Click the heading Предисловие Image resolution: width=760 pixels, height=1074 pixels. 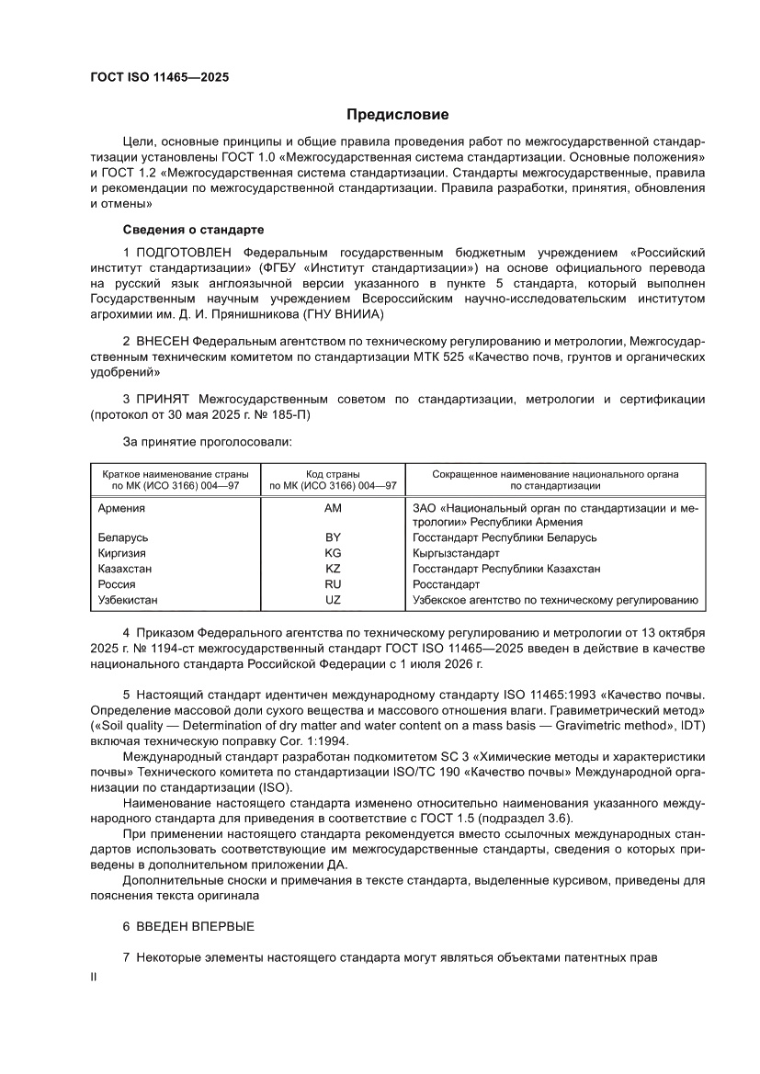397,115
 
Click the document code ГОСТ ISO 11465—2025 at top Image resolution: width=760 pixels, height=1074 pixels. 159,78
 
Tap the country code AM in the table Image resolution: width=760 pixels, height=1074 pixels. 333,507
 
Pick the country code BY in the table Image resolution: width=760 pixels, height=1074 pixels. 333,537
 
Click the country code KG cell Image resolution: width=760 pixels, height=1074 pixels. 333,553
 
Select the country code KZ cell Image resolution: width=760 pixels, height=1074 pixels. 333,569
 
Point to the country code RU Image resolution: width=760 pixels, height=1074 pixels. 333,584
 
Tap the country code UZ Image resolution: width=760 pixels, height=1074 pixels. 333,600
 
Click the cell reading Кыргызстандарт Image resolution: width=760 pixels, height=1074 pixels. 456,553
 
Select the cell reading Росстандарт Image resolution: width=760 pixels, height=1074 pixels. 447,584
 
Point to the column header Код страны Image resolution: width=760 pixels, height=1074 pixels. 333,474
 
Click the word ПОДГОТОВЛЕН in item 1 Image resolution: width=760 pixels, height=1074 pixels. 187,252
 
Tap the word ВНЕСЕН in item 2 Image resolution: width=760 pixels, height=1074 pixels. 163,341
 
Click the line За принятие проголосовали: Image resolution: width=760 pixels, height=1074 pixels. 207,442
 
